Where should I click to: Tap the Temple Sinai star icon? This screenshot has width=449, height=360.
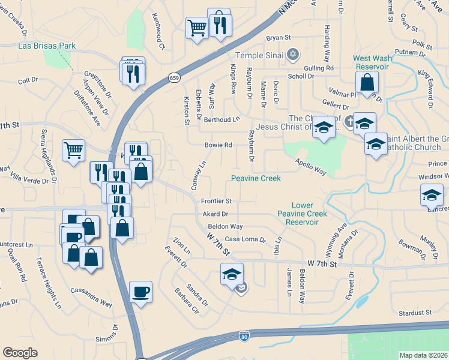[x=293, y=55]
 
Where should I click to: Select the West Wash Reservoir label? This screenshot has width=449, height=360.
[x=373, y=62]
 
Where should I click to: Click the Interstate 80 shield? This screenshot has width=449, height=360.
[x=244, y=337]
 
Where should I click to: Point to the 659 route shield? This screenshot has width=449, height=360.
[x=174, y=77]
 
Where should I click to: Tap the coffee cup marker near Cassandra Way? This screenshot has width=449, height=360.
[x=140, y=292]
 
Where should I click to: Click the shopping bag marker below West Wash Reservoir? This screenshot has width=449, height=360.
[x=368, y=82]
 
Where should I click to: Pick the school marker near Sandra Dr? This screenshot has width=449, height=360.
[x=232, y=274]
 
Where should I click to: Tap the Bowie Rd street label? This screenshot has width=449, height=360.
[x=218, y=145]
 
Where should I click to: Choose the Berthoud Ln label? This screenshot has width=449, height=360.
[x=221, y=120]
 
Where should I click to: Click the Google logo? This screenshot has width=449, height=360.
[x=20, y=353]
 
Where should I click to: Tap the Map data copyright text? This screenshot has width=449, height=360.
[x=423, y=355]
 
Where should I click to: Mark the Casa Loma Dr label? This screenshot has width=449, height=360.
[x=245, y=239]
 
